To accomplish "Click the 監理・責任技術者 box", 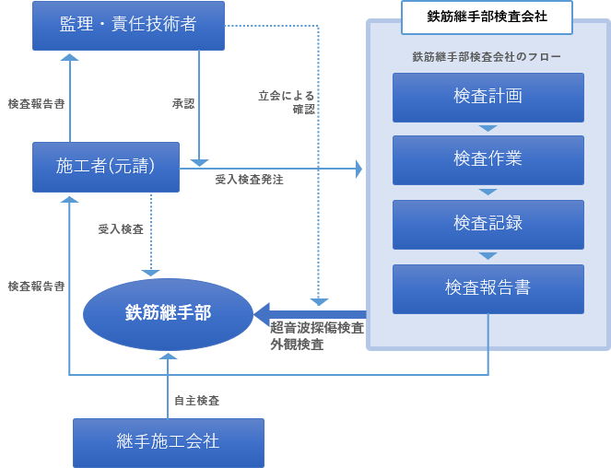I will click(x=128, y=26).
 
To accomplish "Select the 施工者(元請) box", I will click(x=105, y=167).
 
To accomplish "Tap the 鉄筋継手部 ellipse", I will click(x=168, y=314).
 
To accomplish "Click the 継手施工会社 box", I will click(x=169, y=441).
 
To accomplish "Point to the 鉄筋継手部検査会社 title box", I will click(x=487, y=17).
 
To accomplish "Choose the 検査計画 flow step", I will click(x=488, y=97).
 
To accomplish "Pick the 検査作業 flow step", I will click(x=488, y=159).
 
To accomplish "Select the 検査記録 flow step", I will click(x=488, y=224).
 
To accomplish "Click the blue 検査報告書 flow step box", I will click(x=488, y=288).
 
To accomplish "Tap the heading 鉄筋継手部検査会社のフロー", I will click(x=487, y=57).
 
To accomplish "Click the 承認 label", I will click(x=183, y=104).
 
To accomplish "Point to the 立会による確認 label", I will click(x=287, y=102).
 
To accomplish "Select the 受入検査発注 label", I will click(x=249, y=180).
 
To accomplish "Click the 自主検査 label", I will click(x=196, y=401).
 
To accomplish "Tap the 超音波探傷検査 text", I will click(x=316, y=328).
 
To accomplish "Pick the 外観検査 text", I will click(x=296, y=345).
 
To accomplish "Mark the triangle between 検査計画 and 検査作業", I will click(x=488, y=129).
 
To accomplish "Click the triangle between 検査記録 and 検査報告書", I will click(x=488, y=256).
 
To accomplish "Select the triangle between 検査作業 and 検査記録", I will click(x=488, y=193).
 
